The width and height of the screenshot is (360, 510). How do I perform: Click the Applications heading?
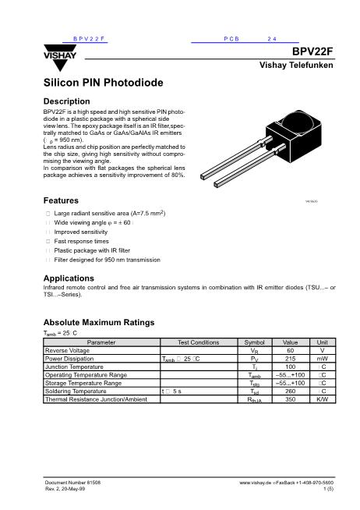coord(69,278)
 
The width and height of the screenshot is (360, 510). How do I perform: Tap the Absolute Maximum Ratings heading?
coord(99,322)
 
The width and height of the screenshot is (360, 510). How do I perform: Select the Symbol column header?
coord(255,342)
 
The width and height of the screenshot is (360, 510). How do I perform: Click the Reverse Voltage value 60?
coord(290,350)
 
